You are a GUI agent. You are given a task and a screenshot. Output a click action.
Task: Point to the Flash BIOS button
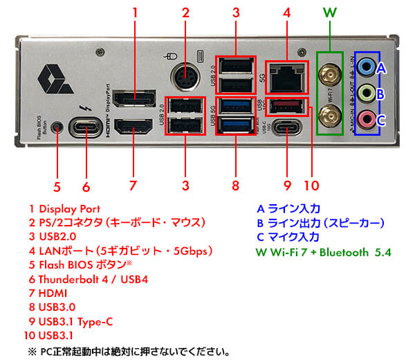(x=57, y=127)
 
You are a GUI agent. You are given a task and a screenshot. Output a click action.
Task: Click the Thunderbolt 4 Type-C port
(x=86, y=128)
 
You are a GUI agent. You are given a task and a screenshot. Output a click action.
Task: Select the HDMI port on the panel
(x=134, y=127)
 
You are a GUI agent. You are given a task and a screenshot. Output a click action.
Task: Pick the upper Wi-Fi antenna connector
(x=329, y=72)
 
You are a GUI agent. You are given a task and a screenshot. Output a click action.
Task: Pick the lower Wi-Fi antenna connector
(x=329, y=114)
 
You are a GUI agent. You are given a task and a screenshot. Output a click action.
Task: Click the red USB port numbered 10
(x=285, y=106)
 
